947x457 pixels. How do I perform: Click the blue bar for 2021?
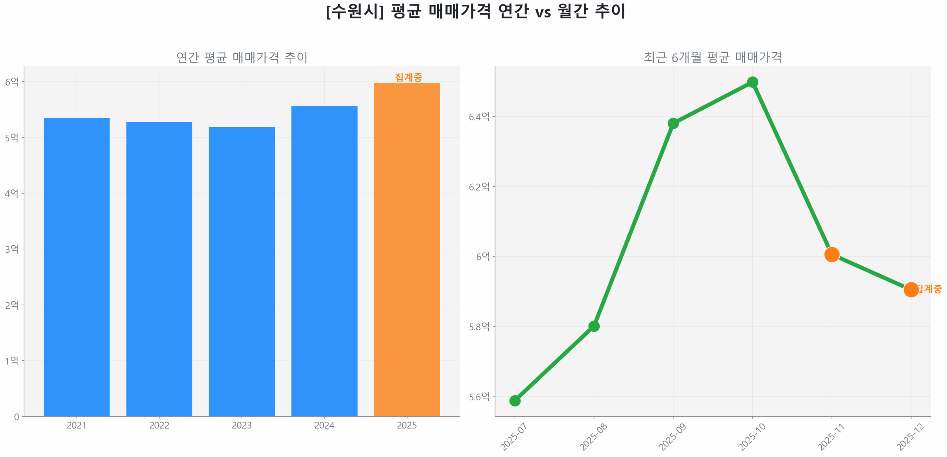pyautogui.click(x=77, y=266)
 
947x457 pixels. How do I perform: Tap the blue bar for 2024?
pyautogui.click(x=324, y=261)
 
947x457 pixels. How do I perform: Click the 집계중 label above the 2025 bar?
pyautogui.click(x=408, y=77)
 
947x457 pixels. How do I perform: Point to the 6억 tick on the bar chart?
pyautogui.click(x=12, y=81)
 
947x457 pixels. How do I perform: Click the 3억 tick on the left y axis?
pyautogui.click(x=12, y=249)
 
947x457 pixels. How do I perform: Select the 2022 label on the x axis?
pyautogui.click(x=159, y=425)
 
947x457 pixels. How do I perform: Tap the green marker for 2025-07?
pyautogui.click(x=515, y=400)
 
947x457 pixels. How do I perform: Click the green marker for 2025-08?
pyautogui.click(x=593, y=326)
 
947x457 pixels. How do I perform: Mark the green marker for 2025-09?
pyautogui.click(x=673, y=123)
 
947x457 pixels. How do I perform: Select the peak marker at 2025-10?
pyautogui.click(x=752, y=82)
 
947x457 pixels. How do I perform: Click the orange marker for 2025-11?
pyautogui.click(x=831, y=254)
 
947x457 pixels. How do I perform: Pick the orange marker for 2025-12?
pyautogui.click(x=910, y=289)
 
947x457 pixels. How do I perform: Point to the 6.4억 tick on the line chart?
pyautogui.click(x=479, y=117)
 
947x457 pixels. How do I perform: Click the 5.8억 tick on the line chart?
pyautogui.click(x=479, y=326)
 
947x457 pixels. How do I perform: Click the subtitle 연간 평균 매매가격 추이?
pyautogui.click(x=242, y=57)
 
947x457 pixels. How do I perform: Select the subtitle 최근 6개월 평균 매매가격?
pyautogui.click(x=712, y=57)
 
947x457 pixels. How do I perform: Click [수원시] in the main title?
pyautogui.click(x=355, y=11)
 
